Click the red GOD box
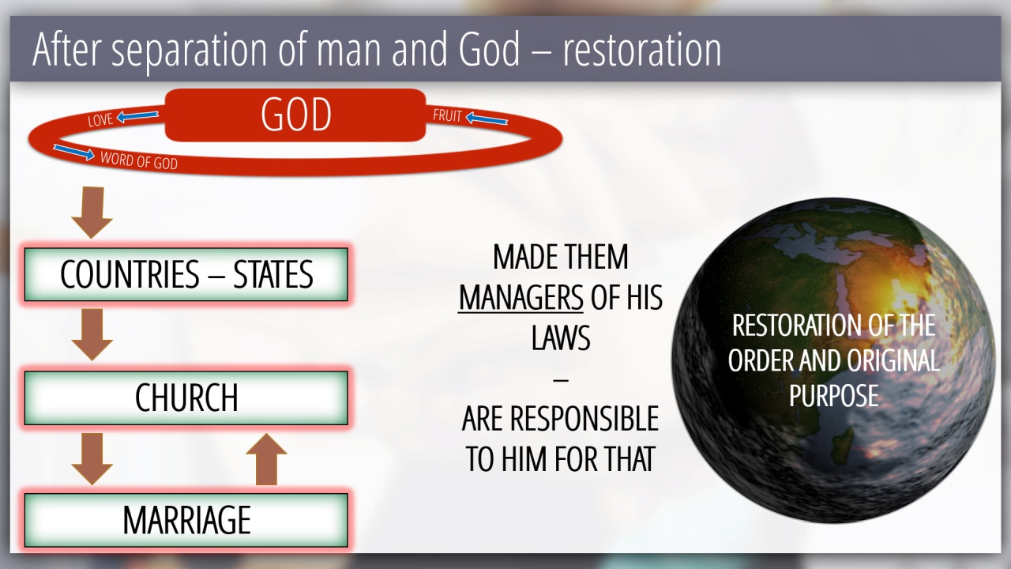295,115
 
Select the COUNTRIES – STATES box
186,274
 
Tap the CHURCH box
186,398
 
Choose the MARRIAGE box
186,520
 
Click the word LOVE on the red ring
100,120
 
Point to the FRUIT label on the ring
447,115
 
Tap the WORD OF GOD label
139,160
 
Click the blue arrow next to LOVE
137,116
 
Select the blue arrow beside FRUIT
487,119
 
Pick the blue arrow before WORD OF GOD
74,153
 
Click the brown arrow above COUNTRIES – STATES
92,213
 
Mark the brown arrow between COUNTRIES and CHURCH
92,334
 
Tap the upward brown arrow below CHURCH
266,459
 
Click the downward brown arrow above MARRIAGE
92,459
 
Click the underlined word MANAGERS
521,298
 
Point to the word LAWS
561,337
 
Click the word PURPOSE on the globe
833,396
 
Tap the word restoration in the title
642,49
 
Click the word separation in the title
190,51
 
